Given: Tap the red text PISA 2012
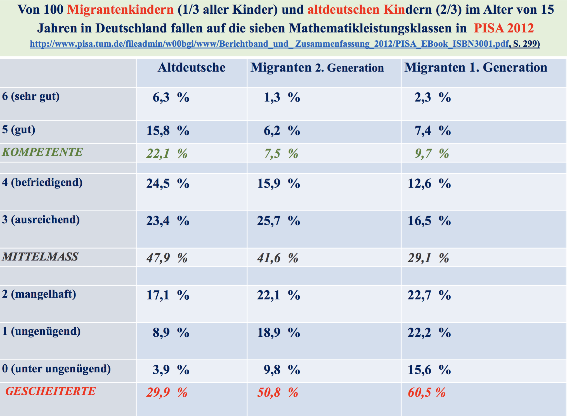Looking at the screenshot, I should pos(504,28).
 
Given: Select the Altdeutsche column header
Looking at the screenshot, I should pos(192,68).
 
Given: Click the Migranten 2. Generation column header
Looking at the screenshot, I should pos(317,68).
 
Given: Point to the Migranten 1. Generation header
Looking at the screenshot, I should pos(476,68).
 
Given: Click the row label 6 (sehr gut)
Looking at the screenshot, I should pos(31,96).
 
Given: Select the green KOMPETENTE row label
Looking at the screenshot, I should pos(42,152).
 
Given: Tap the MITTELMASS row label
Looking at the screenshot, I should pos(40,257).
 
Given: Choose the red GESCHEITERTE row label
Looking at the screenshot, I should pos(51,391).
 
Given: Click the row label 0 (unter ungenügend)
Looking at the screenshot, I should pos(56,369).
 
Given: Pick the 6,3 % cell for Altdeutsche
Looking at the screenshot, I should pos(171,98).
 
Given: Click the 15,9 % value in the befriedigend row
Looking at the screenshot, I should pos(278,184).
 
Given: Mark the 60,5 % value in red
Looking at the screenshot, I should pos(427,393).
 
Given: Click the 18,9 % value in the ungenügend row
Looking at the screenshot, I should pos(278,333).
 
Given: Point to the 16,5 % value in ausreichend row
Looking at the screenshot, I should pos(429,221).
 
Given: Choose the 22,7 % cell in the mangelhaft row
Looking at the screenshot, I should pos(429,295).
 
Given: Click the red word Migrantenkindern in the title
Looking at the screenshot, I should pos(120,10).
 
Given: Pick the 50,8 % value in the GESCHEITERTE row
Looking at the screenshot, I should pos(278,393).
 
